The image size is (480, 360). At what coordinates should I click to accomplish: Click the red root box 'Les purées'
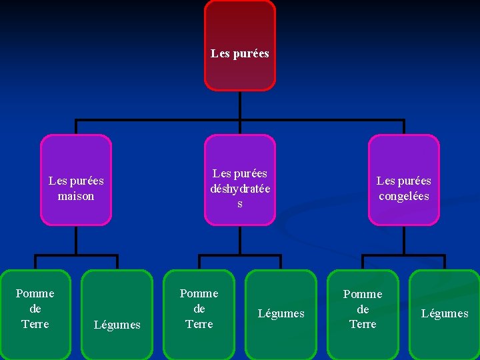239,45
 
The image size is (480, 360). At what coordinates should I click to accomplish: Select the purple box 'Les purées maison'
76,180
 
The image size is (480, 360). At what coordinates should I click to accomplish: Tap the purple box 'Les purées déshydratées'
239,180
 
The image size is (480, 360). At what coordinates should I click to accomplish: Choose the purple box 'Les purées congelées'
403,180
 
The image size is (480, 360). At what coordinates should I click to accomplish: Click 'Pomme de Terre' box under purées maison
35,313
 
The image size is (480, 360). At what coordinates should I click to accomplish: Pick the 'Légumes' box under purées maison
117,313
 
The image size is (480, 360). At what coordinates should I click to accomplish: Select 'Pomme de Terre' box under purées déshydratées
199,313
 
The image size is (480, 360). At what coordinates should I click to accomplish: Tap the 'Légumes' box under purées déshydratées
281,313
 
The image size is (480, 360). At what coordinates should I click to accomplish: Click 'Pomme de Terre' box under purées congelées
363,313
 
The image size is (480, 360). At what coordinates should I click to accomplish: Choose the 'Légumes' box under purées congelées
445,313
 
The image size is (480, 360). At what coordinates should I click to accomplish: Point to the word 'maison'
76,196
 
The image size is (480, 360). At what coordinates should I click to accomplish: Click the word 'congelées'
403,196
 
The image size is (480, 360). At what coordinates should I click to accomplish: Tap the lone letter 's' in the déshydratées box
240,204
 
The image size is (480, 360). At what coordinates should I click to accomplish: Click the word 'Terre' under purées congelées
363,324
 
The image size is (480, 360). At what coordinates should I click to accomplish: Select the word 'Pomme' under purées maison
35,293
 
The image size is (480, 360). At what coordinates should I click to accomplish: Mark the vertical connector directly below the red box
239,105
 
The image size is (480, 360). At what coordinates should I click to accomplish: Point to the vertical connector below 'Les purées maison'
76,240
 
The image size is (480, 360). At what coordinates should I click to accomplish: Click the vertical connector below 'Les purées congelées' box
403,240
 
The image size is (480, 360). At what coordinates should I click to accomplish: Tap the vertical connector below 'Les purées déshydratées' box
239,240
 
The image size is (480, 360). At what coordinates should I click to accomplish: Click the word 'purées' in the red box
251,53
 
